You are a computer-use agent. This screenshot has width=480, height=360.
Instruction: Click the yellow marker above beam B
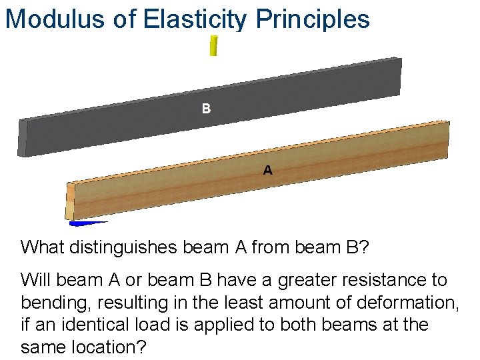[x=213, y=45]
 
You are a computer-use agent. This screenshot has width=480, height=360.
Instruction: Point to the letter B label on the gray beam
[x=207, y=108]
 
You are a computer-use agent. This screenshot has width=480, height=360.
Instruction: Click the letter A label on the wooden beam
[x=267, y=171]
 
